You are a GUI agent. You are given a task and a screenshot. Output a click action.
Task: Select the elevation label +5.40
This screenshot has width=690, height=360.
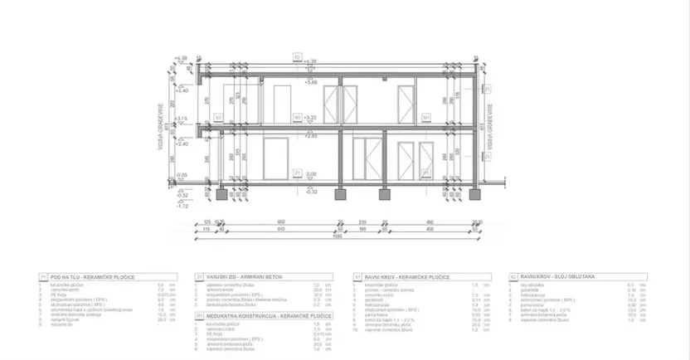point(182,90)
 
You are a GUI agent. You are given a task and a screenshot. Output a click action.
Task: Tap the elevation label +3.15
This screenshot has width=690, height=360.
point(183,119)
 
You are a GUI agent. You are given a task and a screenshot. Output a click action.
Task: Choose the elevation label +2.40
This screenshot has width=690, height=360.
point(182,143)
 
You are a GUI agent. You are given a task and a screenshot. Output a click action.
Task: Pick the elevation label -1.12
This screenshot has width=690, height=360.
point(182,205)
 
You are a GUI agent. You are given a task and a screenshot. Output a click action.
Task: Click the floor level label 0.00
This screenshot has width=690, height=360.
point(312,174)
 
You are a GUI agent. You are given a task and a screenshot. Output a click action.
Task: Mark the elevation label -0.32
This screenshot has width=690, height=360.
point(312,192)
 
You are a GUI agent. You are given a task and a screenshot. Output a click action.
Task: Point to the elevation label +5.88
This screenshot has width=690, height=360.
point(312,83)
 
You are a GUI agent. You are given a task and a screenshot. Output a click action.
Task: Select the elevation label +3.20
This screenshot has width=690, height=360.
point(312,119)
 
